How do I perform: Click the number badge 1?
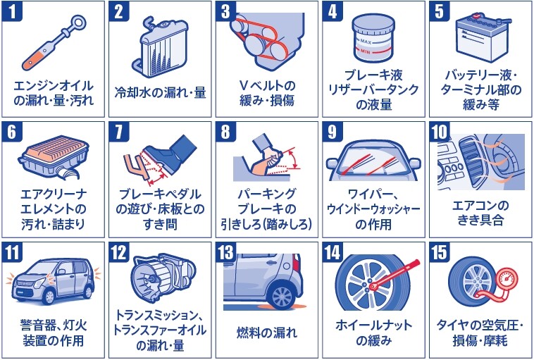tap(12, 11)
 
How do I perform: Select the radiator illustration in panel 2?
tap(161, 47)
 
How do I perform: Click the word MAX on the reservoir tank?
tap(366, 42)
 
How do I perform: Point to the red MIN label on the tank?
tap(366, 52)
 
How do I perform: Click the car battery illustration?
tap(483, 37)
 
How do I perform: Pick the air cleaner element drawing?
tap(54, 157)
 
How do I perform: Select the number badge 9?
tap(332, 132)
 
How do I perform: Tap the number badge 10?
tap(440, 132)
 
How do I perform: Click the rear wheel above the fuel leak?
tap(282, 296)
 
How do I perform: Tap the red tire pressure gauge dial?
tap(507, 280)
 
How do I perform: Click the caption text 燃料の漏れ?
tap(267, 333)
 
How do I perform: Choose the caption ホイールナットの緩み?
tap(373, 333)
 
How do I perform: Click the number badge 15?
tap(440, 253)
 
